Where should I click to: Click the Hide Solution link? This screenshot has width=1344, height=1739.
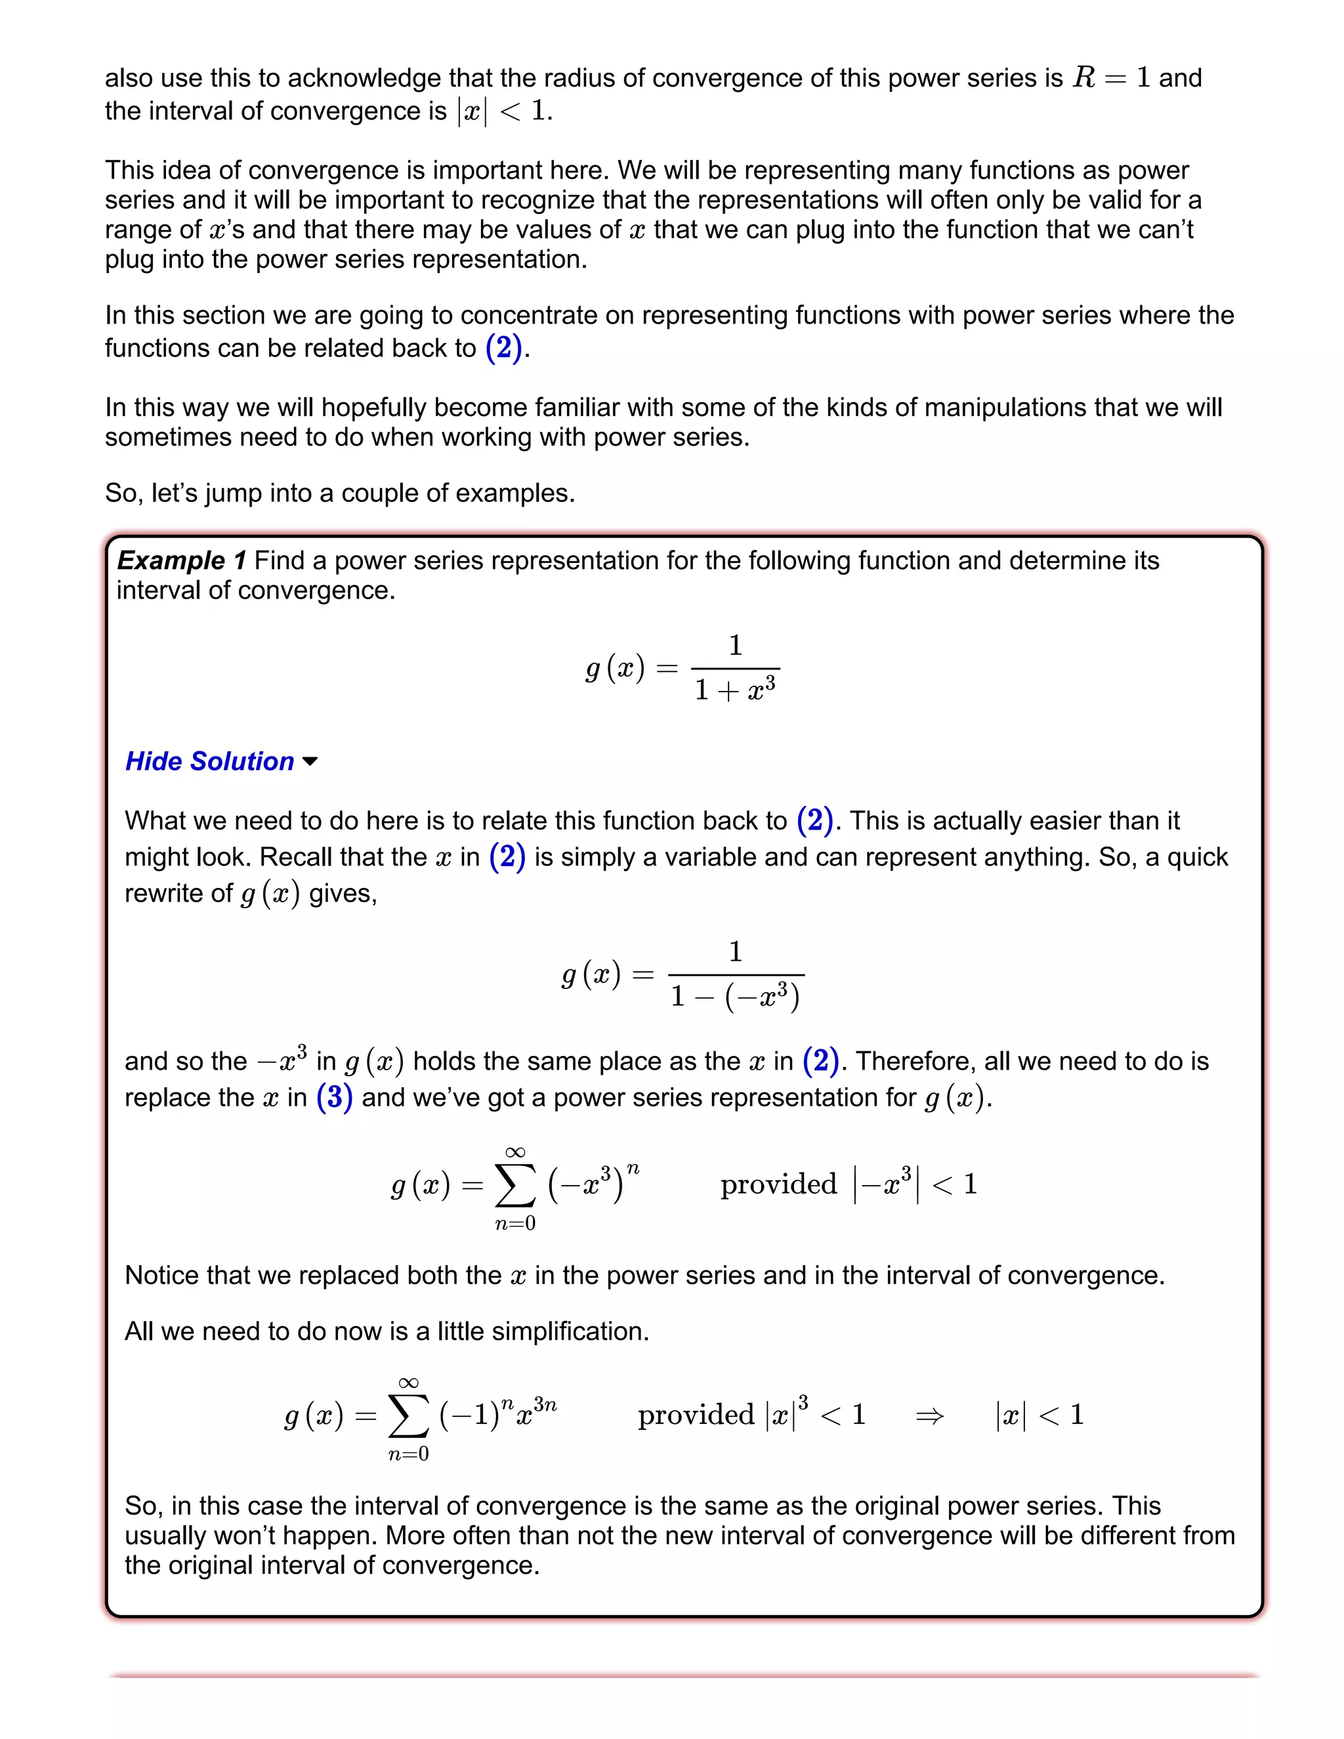tap(209, 761)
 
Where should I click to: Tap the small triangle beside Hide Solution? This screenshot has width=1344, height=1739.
tap(310, 762)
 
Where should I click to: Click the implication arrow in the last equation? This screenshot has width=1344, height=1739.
tap(929, 1415)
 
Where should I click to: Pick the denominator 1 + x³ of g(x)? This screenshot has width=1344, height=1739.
tap(735, 689)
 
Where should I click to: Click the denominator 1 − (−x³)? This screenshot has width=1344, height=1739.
tap(735, 996)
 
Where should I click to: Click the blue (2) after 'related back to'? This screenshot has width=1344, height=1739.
tap(503, 348)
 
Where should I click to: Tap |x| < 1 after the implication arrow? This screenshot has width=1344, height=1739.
tap(1039, 1415)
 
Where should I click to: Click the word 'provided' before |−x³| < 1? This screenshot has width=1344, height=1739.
tap(778, 1184)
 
